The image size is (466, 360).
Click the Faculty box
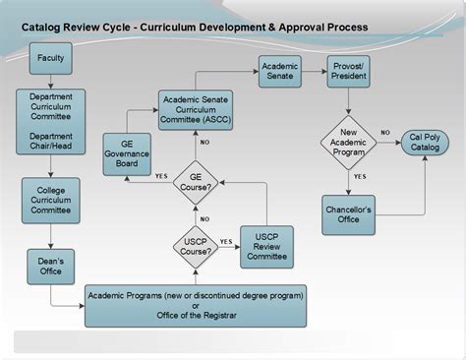tap(50, 59)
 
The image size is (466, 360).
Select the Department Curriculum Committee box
tap(50, 122)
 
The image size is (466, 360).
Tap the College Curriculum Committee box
tap(50, 201)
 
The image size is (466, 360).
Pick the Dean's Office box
tap(50, 266)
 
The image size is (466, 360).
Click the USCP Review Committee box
tap(266, 247)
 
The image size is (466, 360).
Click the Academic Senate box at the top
tap(279, 71)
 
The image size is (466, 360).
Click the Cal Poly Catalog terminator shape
tap(425, 142)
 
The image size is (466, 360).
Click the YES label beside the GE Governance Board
tap(161, 176)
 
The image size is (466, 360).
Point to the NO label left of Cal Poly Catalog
tap(385, 133)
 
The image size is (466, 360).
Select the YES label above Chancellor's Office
tap(360, 177)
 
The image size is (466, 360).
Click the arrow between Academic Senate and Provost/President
tap(314, 71)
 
